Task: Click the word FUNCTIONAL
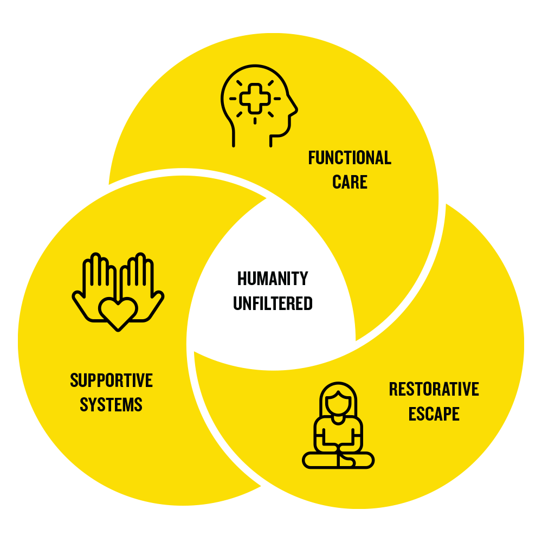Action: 350,158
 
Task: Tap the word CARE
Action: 350,182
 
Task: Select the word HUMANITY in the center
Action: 273,279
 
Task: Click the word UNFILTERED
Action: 273,303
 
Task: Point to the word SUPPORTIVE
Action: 111,380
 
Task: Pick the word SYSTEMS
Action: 111,404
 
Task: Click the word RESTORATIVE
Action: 434,389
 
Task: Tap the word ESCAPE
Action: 434,414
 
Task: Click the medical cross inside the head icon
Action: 254,99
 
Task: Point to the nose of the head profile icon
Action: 294,111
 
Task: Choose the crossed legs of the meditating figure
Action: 338,460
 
